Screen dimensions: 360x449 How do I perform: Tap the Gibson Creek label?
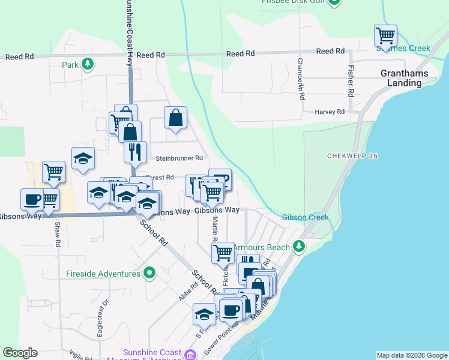point(306,217)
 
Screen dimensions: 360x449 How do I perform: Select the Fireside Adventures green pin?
point(149,274)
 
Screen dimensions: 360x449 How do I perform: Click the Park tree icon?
point(88,64)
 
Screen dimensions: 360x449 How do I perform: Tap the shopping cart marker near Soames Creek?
point(385,35)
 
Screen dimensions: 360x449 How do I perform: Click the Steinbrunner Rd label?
point(179,158)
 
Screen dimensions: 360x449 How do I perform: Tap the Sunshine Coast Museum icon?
point(190,355)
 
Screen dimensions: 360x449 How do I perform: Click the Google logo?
point(20,353)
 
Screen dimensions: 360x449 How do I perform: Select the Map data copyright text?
point(411,355)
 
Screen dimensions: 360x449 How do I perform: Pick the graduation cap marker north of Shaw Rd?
point(83,158)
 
